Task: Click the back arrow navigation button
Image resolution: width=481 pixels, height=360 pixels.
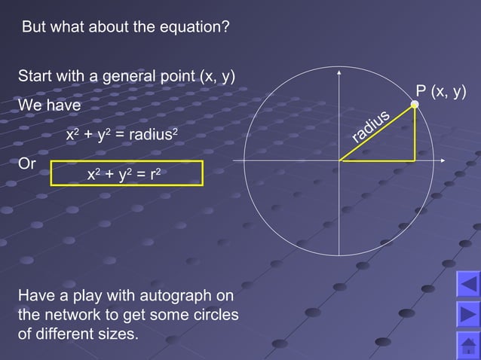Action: [x=468, y=285]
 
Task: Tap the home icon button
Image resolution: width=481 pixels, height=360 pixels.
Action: [x=468, y=346]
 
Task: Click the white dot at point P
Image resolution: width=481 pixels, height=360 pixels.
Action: [x=415, y=105]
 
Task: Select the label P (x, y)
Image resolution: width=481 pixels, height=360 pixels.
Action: [x=441, y=91]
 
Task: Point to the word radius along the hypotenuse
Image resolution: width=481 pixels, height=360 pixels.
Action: [x=371, y=126]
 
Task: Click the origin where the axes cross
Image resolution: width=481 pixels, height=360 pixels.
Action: [x=340, y=160]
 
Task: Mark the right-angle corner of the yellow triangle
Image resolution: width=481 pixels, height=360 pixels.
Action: [x=415, y=160]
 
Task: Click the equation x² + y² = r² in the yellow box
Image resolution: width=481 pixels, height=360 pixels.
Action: [x=124, y=175]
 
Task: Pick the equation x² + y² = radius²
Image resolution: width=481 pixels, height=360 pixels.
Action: [x=122, y=135]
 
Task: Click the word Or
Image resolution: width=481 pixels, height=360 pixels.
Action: [x=26, y=163]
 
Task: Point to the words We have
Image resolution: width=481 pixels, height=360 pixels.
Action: [x=49, y=106]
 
